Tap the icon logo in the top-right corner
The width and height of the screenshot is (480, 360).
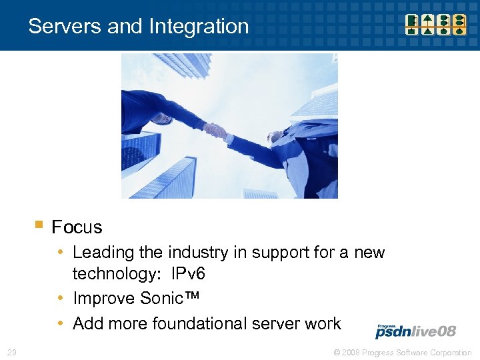(x=437, y=23)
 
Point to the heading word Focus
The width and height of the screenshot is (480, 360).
(x=77, y=227)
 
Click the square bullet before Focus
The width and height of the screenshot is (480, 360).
(x=39, y=225)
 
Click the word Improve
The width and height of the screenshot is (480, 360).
(x=101, y=298)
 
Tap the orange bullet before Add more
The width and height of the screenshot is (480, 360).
(x=61, y=323)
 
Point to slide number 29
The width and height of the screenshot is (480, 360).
(x=12, y=352)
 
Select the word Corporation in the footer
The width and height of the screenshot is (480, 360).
(x=449, y=352)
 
